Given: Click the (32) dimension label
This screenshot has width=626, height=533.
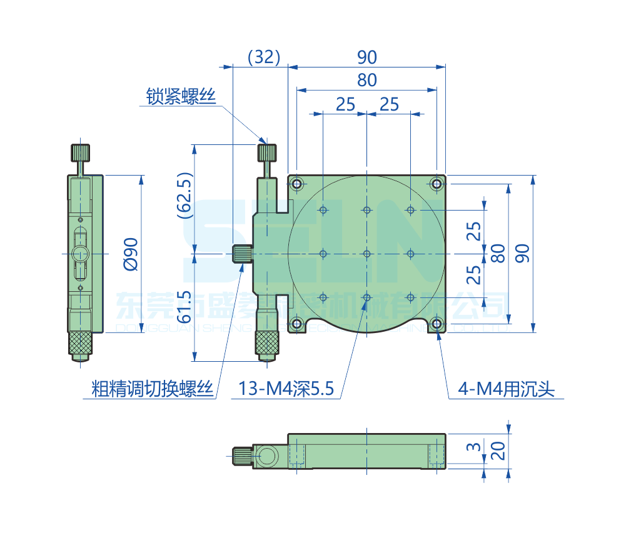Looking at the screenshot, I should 263,57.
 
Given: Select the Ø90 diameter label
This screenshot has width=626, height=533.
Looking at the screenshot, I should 130,254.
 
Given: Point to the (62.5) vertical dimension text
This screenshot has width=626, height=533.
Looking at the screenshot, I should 184,195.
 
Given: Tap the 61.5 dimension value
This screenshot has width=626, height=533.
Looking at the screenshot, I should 184,306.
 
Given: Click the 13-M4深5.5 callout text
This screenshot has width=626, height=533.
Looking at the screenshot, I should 286,390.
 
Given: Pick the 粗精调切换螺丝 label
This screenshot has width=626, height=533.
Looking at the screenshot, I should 153,390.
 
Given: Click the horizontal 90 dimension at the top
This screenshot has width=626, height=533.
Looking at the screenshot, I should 367,57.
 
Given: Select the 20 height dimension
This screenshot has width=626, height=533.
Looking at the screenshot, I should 498,449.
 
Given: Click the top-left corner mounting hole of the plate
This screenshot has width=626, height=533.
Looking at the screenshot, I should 296,184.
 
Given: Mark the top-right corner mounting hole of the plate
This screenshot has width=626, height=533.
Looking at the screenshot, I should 436,184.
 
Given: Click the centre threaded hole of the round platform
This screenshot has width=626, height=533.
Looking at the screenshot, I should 366,254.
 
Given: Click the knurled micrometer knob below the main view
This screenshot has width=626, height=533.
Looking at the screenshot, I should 266,342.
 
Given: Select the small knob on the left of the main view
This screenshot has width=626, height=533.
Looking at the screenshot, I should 241,254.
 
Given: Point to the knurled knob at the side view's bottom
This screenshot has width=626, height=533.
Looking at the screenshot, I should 80,342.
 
